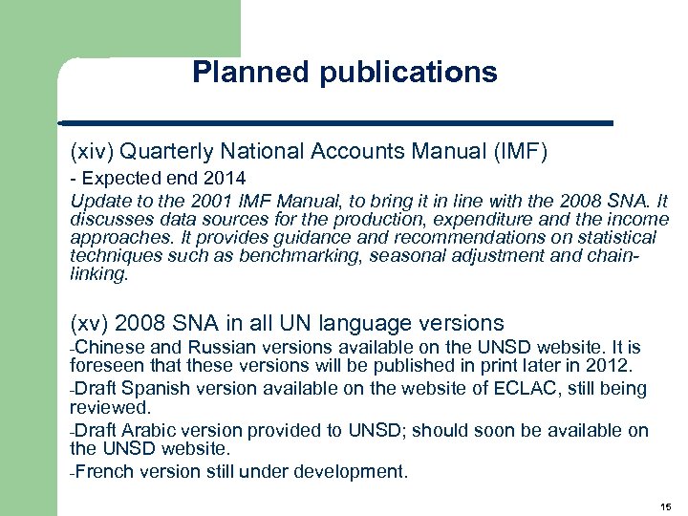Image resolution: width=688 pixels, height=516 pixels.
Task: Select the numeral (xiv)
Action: click(92, 150)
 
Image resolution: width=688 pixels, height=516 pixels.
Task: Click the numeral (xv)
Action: click(89, 323)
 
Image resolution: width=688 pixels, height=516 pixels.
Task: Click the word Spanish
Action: click(152, 388)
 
